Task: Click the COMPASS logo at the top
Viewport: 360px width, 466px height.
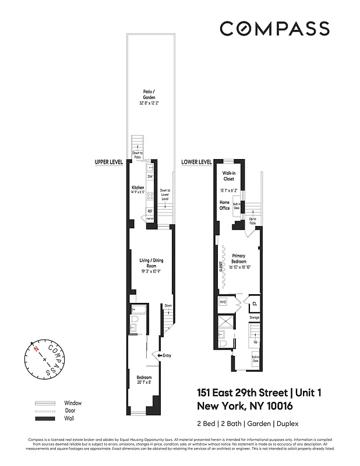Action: (x=274, y=28)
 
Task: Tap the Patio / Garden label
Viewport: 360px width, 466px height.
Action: (x=149, y=94)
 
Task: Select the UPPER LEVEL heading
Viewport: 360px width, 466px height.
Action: (x=108, y=162)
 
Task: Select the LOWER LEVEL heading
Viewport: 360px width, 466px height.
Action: (x=196, y=162)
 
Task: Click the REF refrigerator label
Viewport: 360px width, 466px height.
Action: (x=150, y=211)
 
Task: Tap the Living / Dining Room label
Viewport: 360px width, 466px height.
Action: (x=151, y=263)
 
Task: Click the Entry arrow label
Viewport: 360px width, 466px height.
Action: (x=165, y=355)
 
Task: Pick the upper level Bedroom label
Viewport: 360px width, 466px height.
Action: (x=144, y=376)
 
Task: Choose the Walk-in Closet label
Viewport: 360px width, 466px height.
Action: (x=228, y=176)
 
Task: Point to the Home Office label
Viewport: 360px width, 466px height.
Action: (x=224, y=205)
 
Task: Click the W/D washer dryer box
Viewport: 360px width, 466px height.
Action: (x=223, y=302)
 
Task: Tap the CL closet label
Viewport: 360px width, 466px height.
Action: (x=255, y=304)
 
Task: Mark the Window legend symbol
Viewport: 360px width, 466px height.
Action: (x=45, y=403)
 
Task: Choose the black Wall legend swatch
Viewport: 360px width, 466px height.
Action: (x=45, y=418)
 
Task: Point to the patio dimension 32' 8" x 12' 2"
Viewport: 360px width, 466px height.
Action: (x=149, y=103)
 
